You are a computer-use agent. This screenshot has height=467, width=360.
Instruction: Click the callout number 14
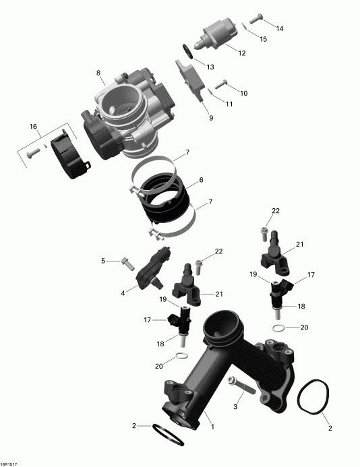279,28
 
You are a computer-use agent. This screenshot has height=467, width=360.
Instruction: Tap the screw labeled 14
256,19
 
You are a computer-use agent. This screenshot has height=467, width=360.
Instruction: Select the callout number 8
98,73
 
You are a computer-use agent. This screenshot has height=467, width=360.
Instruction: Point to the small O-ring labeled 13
188,51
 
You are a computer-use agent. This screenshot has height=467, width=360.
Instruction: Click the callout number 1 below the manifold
213,427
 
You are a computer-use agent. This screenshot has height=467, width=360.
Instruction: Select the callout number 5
103,260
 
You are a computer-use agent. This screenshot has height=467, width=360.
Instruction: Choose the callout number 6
200,181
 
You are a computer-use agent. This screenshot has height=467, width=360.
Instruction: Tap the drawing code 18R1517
9,463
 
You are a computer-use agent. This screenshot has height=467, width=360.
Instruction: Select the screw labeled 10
220,84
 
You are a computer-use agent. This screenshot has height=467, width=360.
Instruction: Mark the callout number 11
229,104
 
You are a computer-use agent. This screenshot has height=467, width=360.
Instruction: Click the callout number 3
236,406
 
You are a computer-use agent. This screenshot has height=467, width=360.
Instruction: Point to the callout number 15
263,39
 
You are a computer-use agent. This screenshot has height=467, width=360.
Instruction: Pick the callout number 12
241,52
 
